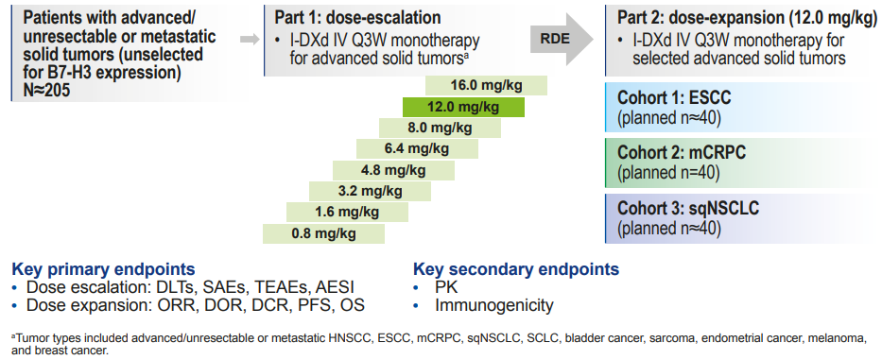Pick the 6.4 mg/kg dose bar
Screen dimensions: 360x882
tap(416, 148)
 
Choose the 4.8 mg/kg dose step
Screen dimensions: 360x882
tap(393, 170)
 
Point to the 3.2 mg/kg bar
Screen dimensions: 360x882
tap(371, 191)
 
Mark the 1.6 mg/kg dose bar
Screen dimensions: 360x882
tap(348, 212)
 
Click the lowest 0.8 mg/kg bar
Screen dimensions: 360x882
tap(324, 233)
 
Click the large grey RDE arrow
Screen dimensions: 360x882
tap(563, 39)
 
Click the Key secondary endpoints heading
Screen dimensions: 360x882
tap(516, 269)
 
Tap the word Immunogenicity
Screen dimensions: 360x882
tap(493, 305)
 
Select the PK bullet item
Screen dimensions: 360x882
tap(445, 287)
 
